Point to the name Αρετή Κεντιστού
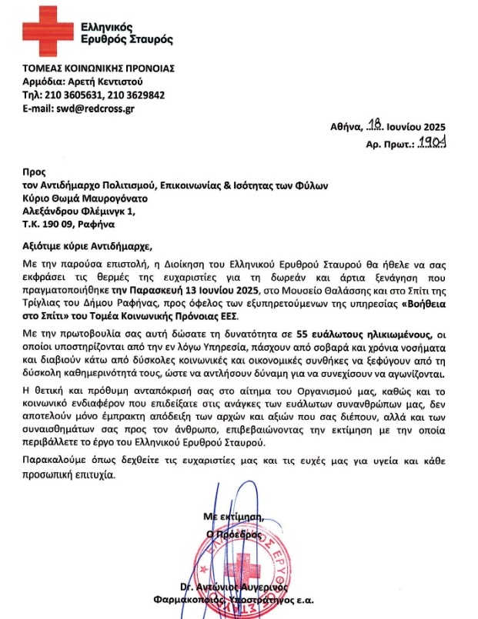pos(109,81)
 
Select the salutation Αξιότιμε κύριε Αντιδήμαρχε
pos(89,246)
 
